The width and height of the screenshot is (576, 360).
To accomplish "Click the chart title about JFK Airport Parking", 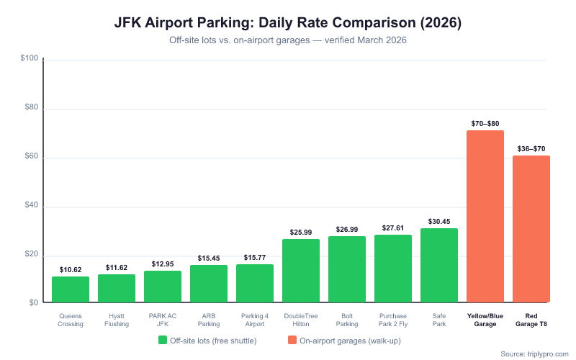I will pos(288,22).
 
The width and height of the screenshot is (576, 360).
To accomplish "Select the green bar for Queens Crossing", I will pos(71,289).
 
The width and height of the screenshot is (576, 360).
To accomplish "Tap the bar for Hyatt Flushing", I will pos(117,288).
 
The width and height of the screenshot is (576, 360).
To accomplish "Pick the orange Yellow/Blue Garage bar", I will pos(485,216).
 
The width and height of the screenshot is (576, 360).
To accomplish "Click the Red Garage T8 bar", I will pos(531,229).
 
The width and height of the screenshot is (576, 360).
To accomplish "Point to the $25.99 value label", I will pos(301,232).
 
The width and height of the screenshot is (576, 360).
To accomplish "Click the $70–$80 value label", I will pos(485,123).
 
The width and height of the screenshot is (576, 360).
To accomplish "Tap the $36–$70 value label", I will pos(531,148).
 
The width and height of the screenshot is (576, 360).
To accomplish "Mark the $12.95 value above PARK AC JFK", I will pos(163,264).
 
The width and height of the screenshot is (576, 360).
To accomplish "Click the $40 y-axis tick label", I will pos(31,207).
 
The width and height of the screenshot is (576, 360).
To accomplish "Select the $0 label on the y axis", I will pos(33,302).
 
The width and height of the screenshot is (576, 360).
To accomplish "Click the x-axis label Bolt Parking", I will pos(347,320).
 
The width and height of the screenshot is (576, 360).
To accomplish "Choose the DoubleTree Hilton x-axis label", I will pos(301,320).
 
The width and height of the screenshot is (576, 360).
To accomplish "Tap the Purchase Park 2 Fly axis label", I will pos(393,320).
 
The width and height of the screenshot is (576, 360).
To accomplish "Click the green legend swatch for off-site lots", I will pos(163,340).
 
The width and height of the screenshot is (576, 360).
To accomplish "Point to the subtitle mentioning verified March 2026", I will pos(288,40).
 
